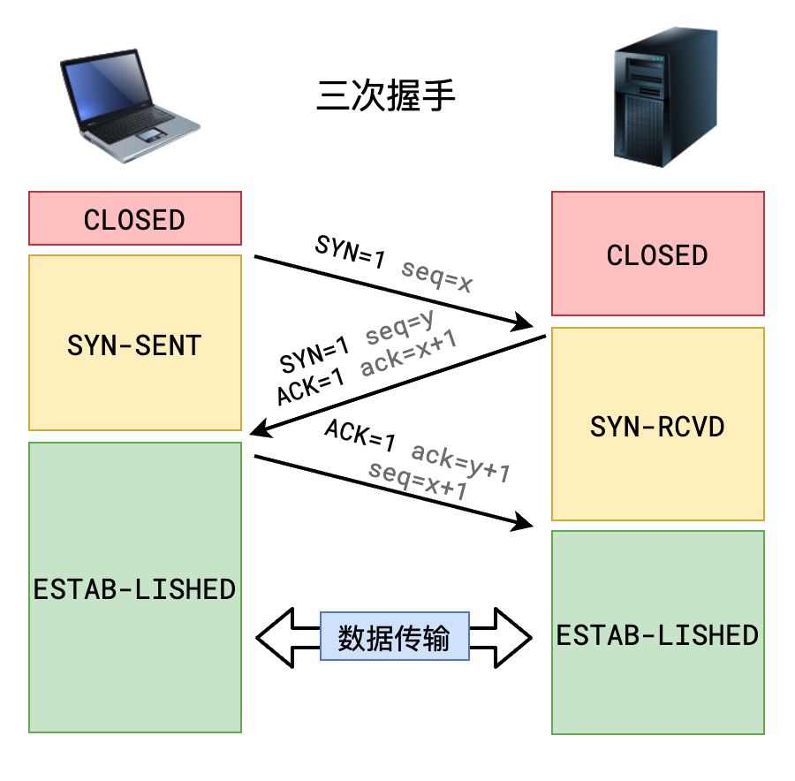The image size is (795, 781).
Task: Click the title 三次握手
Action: (386, 96)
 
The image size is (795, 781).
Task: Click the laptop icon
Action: (128, 104)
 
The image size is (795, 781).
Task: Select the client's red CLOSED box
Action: (135, 218)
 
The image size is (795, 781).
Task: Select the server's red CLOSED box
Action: (657, 254)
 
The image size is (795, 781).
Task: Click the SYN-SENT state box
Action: (135, 344)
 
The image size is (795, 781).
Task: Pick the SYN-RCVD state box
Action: (657, 426)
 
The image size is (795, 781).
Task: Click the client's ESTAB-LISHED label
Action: (135, 588)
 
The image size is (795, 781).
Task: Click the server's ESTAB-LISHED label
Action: (657, 634)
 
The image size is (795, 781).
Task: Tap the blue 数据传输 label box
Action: (394, 637)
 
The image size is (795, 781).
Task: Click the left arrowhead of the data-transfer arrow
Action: (274, 637)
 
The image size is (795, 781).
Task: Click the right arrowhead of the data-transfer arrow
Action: (514, 637)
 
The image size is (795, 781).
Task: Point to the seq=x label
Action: (436, 276)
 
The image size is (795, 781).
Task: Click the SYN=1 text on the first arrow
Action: (351, 253)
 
